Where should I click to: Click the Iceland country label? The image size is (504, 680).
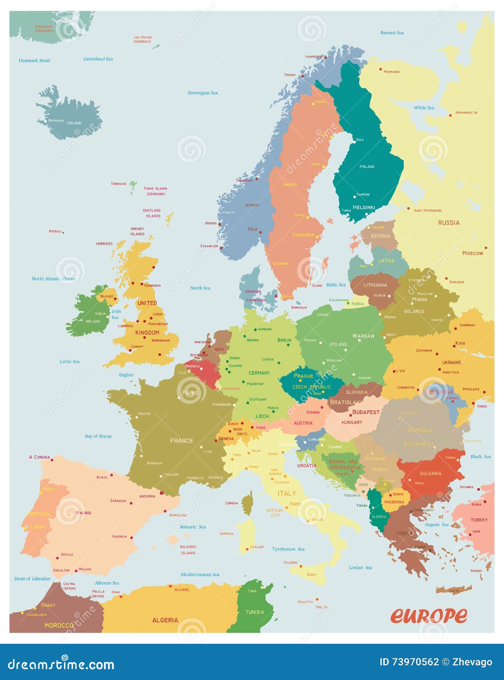tap(74, 123)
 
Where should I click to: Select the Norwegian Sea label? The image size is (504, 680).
tap(202, 93)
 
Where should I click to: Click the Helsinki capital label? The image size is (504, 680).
tap(364, 208)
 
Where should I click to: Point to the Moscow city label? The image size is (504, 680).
tap(472, 253)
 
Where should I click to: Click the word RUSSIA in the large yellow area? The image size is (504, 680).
tap(448, 223)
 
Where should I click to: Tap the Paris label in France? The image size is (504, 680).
tap(190, 393)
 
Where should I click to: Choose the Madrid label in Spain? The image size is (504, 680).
tap(83, 513)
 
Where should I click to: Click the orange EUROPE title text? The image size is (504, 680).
tap(429, 615)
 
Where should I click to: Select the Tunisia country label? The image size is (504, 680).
tap(255, 612)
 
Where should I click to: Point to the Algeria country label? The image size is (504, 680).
tap(165, 620)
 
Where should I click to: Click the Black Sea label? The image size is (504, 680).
tap(481, 457)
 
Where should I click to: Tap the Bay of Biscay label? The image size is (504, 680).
tap(98, 436)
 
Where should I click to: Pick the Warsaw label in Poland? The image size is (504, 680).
tap(363, 336)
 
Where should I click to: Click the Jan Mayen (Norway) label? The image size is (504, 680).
tap(143, 39)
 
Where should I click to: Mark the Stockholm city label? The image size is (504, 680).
tap(303, 235)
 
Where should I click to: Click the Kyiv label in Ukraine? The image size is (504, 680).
tap(460, 343)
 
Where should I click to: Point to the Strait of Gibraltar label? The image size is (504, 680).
tap(32, 579)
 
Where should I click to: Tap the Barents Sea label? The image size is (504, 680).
tap(392, 33)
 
